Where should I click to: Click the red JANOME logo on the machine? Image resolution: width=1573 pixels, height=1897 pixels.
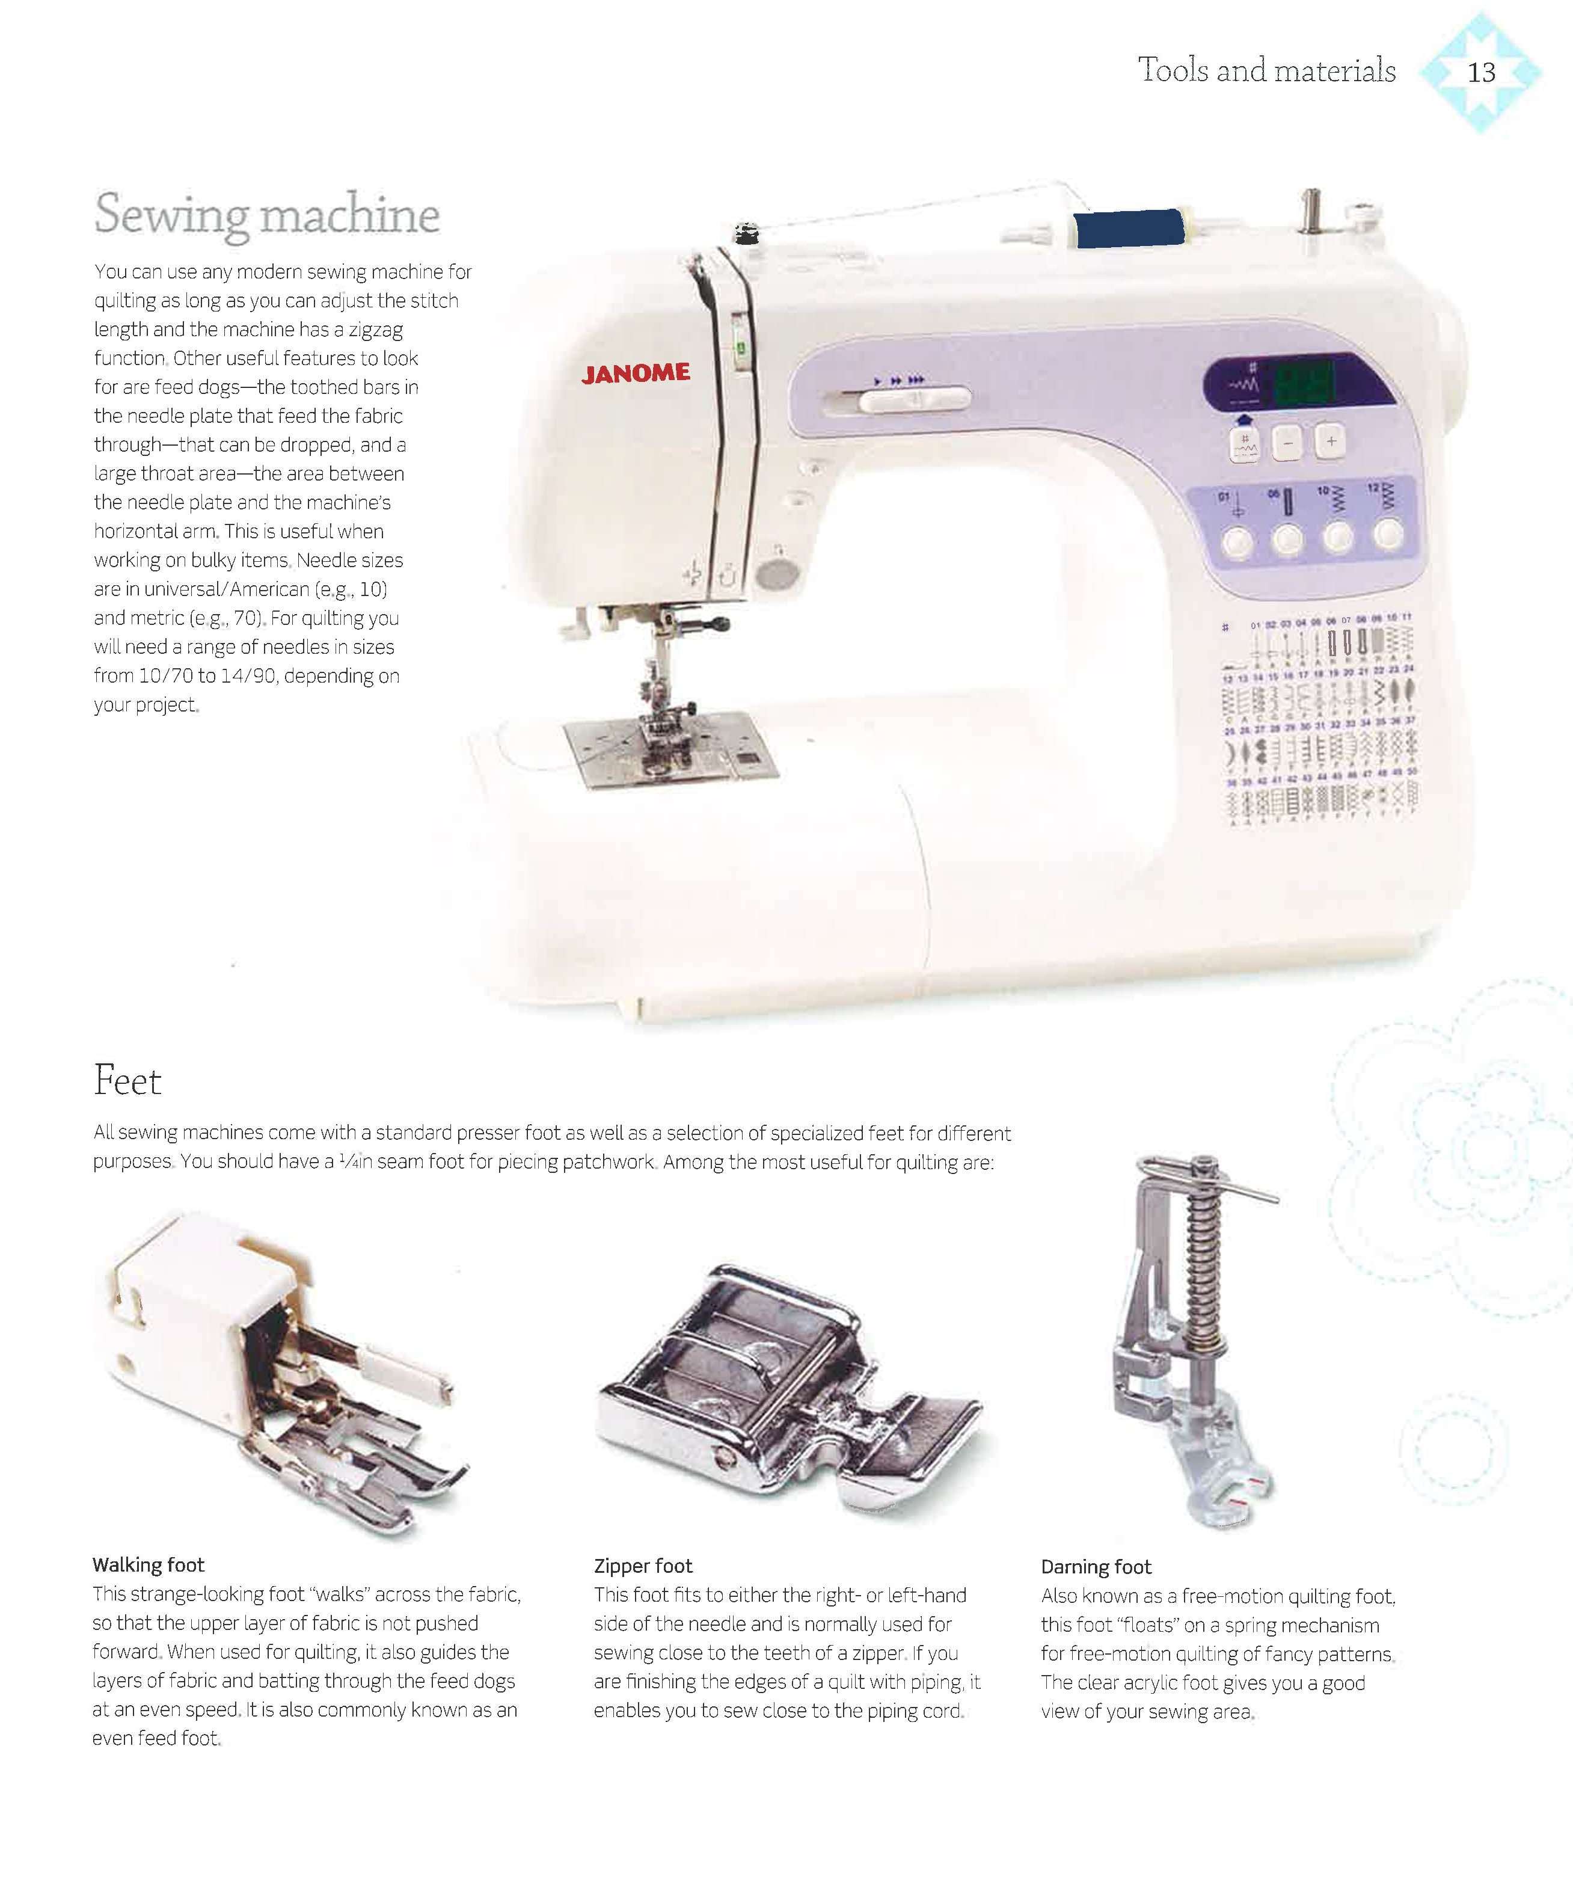(x=636, y=373)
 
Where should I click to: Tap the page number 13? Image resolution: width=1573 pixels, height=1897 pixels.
(x=1481, y=72)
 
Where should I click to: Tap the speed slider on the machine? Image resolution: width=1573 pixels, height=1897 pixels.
(x=914, y=398)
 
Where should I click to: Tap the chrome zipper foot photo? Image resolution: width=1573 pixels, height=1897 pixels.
(x=785, y=1391)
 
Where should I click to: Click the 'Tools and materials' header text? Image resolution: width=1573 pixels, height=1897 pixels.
(x=1266, y=70)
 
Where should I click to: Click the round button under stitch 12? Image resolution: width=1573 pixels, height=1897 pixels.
(x=1388, y=535)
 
